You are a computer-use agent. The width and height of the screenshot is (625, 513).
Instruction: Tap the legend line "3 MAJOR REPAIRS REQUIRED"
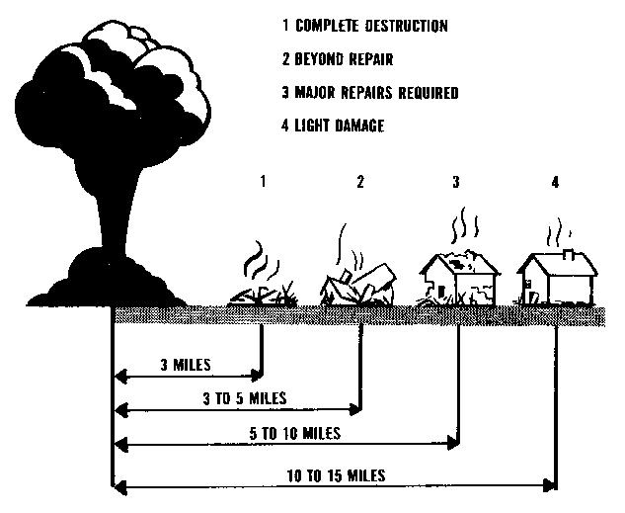pyautogui.click(x=368, y=93)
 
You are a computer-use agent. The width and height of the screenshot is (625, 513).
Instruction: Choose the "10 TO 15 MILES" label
pyautogui.click(x=336, y=474)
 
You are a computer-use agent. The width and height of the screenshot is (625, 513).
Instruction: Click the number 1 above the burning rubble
pyautogui.click(x=263, y=182)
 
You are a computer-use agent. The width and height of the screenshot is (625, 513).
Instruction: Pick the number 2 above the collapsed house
pyautogui.click(x=361, y=182)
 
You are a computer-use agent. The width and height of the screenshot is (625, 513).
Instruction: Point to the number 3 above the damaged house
pyautogui.click(x=455, y=182)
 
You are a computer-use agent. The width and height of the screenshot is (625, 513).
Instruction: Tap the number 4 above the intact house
pyautogui.click(x=556, y=182)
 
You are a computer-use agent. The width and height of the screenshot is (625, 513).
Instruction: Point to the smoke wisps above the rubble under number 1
pyautogui.click(x=259, y=261)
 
